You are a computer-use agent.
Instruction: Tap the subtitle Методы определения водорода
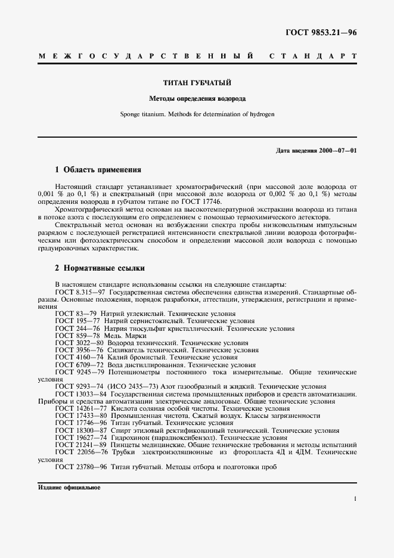click(x=197, y=98)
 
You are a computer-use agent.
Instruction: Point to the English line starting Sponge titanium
click(x=197, y=113)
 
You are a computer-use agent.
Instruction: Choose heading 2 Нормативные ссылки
click(x=100, y=268)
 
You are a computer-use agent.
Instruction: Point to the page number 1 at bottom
click(x=354, y=499)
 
